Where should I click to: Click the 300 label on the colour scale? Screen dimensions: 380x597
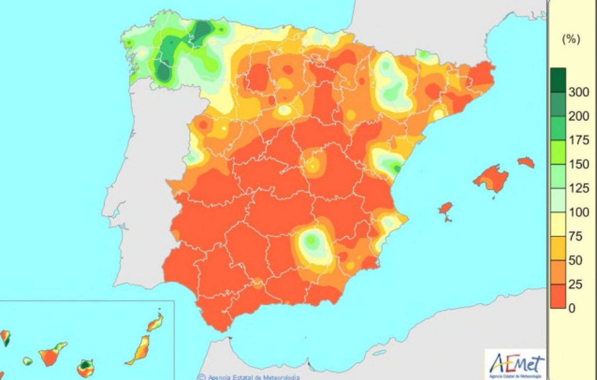[x=578, y=92]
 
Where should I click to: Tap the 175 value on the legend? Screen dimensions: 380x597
[x=578, y=140]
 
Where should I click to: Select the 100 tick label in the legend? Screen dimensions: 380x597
[x=578, y=212]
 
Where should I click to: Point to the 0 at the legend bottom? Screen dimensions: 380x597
[x=572, y=308]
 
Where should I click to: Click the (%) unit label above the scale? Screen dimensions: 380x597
[x=571, y=39]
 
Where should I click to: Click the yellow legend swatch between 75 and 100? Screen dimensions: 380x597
[x=558, y=224]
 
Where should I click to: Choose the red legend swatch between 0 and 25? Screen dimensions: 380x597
[x=558, y=296]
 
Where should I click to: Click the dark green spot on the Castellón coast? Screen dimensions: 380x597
[x=396, y=168]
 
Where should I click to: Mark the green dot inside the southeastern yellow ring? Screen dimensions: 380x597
[x=311, y=240]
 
